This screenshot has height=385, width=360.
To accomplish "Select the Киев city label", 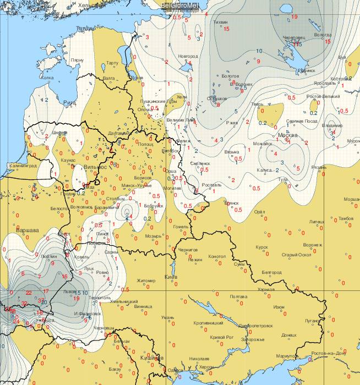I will click(x=171, y=277).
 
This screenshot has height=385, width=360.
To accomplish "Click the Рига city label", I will click(x=54, y=102).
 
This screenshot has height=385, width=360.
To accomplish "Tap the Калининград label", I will click(x=23, y=165).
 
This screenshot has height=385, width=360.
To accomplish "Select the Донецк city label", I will click(x=288, y=334).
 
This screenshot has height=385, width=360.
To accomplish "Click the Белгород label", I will click(x=271, y=272).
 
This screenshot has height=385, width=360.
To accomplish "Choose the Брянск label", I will click(x=235, y=202).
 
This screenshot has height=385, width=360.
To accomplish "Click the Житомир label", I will click(x=146, y=280).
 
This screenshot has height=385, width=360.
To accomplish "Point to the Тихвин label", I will click(x=220, y=22).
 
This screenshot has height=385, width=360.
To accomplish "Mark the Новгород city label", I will click(x=187, y=56).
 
